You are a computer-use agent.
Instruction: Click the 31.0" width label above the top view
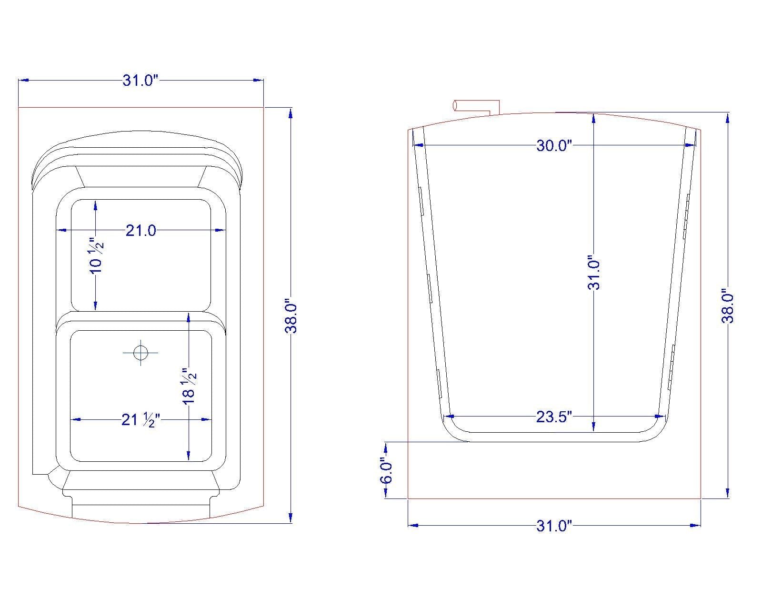pyautogui.click(x=140, y=81)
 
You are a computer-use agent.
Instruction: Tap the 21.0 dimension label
pyautogui.click(x=140, y=231)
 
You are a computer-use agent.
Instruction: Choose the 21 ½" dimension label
pyautogui.click(x=140, y=420)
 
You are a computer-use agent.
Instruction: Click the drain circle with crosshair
pyautogui.click(x=140, y=353)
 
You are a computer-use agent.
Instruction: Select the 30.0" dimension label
pyautogui.click(x=554, y=146)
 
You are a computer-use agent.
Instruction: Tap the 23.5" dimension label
pyautogui.click(x=554, y=417)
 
